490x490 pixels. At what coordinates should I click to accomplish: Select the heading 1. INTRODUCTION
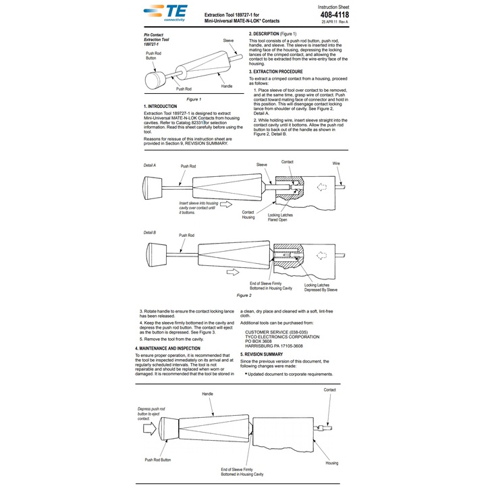coord(161,106)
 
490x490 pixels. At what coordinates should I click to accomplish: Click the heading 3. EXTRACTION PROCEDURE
coord(275,72)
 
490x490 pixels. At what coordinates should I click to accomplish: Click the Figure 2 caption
coord(244,295)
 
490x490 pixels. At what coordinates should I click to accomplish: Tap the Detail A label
coord(150,165)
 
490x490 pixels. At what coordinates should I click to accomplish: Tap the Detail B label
coord(150,233)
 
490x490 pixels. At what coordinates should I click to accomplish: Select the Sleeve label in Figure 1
coord(228,41)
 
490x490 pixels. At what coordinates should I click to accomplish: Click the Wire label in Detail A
coord(336,163)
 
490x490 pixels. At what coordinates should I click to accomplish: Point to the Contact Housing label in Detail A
coord(248,214)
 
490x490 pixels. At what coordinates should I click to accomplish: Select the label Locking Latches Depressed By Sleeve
coord(321,288)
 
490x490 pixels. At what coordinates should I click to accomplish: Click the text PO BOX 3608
coord(258,342)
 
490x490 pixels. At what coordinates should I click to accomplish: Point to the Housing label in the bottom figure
coord(331,463)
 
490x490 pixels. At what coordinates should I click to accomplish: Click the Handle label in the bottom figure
coord(207,393)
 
